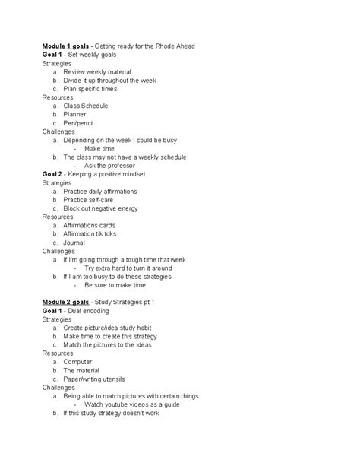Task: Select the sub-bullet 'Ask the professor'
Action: click(x=111, y=165)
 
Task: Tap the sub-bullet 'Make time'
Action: click(x=99, y=148)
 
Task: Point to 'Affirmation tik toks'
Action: click(x=94, y=233)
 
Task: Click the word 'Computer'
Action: click(x=78, y=362)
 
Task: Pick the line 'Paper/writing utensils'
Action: click(x=95, y=379)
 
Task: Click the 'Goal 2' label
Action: click(x=53, y=174)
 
